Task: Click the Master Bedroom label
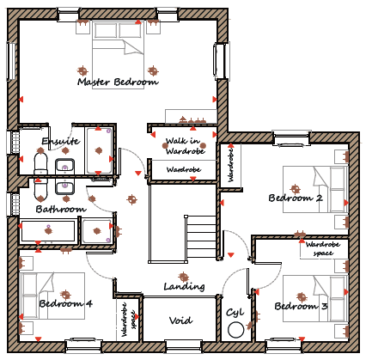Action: pos(118,82)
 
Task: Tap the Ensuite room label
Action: pos(60,141)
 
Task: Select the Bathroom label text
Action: pos(61,209)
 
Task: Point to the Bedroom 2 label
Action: pos(296,198)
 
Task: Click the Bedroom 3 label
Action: pos(301,306)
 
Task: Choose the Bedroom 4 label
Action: pos(66,303)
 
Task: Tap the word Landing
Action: pos(184,286)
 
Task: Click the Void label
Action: pos(180,320)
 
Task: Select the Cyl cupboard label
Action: pos(235,312)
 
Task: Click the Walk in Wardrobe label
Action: pos(186,146)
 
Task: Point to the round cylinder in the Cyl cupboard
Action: pos(236,330)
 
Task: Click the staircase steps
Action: pos(201,238)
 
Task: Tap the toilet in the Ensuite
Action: pos(40,163)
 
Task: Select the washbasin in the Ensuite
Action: pos(65,167)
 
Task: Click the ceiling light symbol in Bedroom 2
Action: pos(295,189)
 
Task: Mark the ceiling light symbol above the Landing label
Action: pos(184,277)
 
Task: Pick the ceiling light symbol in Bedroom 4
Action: pos(65,295)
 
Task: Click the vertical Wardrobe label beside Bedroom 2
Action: pos(230,165)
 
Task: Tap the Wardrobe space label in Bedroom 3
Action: pos(323,248)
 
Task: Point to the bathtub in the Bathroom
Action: pos(48,230)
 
